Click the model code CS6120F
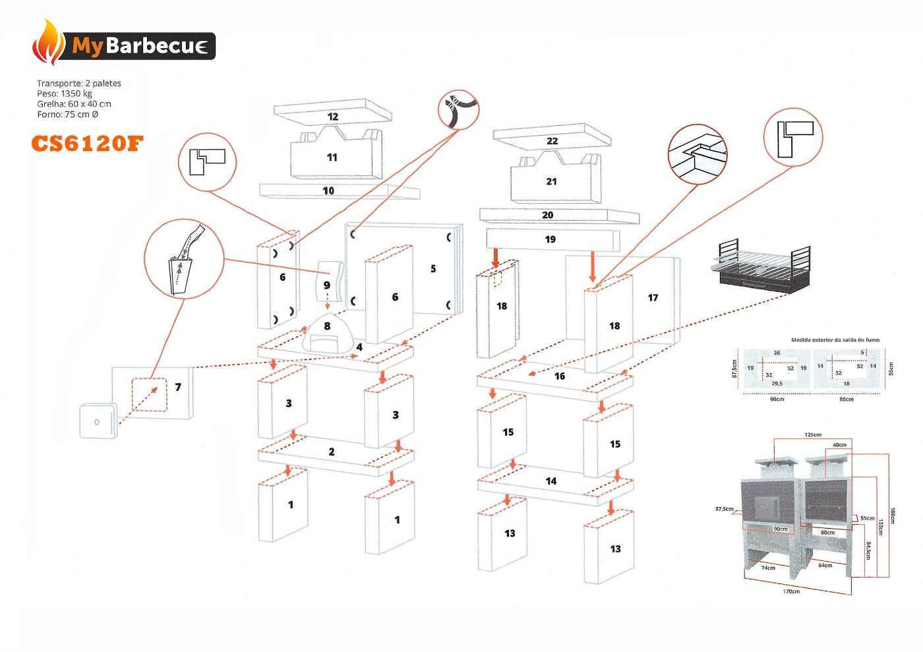coord(87,144)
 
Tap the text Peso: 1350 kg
coord(65,94)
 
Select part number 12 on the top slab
coord(333,117)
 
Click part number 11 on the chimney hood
coord(332,158)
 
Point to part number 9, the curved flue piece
coord(327,285)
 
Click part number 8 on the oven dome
coord(327,326)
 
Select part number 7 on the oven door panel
coord(178,387)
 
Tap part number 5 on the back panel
coord(433,268)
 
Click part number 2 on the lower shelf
coord(332,452)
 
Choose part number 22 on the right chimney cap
coord(552,141)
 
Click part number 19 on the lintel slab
coord(551,239)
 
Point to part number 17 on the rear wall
coord(653,298)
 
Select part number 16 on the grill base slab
coord(560,376)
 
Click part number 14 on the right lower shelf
coord(551,481)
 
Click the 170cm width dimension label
coord(791,591)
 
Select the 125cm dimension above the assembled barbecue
coord(813,435)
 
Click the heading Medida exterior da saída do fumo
coord(835,340)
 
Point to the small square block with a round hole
coord(98,421)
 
